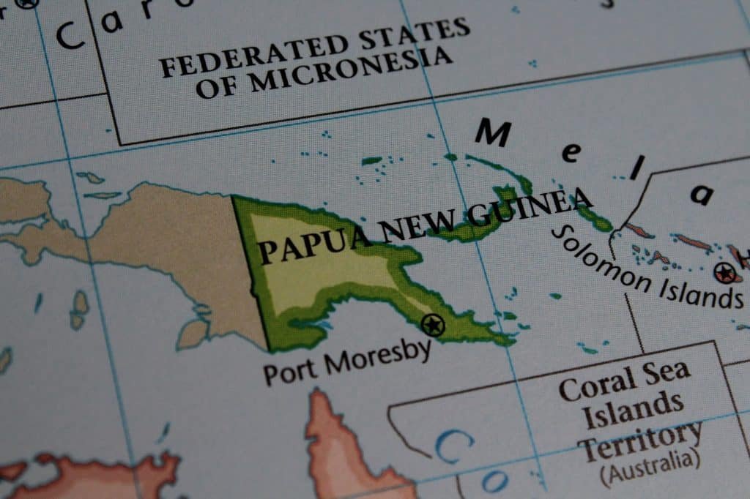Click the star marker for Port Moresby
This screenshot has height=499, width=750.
pos(433,323)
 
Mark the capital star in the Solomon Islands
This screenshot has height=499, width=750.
pos(724,273)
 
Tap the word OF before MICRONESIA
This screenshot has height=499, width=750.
pos(218,88)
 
